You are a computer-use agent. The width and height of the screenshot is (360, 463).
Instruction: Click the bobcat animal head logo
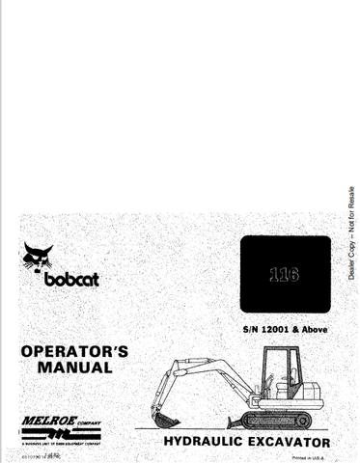tap(40, 259)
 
